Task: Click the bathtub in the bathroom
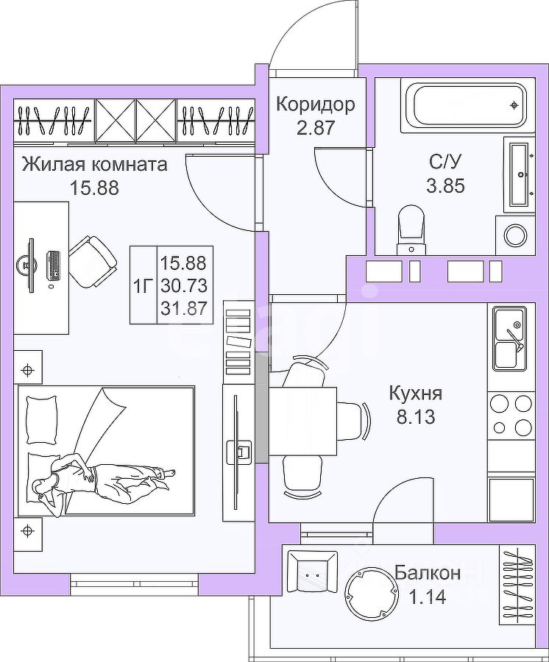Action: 468,105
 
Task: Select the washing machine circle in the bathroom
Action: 515,235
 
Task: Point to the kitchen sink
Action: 509,339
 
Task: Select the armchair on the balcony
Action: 311,572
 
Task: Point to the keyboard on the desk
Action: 54,266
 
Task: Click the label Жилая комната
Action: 94,164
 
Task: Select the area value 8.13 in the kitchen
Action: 416,417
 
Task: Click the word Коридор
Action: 315,104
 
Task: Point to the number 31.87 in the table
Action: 183,308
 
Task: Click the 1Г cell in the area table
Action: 143,285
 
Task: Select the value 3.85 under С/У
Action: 445,185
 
